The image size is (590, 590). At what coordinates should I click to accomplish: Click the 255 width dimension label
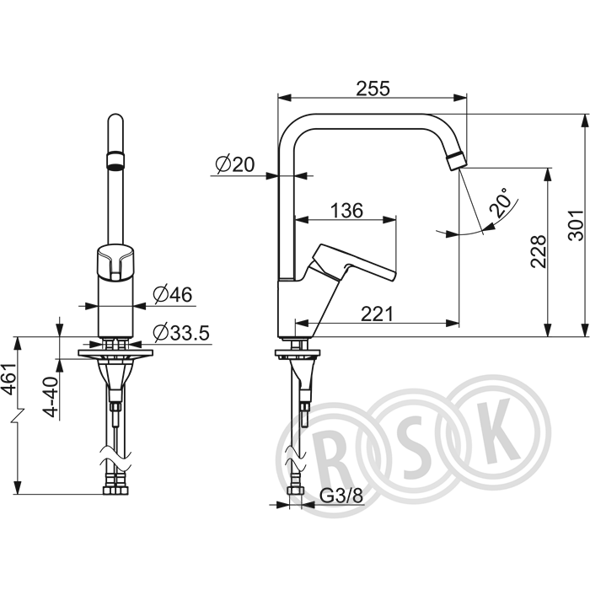[373, 88]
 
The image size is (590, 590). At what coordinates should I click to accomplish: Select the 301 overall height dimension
[576, 225]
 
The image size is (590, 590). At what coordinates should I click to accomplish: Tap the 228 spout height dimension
[539, 251]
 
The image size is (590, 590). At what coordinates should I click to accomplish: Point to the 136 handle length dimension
[346, 211]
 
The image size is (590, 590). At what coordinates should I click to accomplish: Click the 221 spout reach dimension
[377, 314]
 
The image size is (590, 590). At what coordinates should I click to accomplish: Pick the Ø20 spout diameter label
[235, 164]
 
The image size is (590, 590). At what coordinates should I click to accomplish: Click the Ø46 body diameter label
[173, 295]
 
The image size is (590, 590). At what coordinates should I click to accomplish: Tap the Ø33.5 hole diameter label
[181, 333]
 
